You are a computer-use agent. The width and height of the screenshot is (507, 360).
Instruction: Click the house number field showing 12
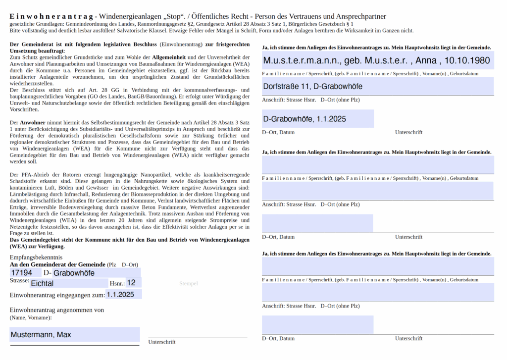point(133,283)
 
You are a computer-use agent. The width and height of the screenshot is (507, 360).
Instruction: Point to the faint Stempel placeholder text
point(188,283)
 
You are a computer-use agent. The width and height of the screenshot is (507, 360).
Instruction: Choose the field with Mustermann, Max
point(74,335)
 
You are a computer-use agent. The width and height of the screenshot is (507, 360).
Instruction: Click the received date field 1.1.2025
point(123,294)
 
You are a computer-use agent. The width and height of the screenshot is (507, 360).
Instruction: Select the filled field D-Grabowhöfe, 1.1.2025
point(317,119)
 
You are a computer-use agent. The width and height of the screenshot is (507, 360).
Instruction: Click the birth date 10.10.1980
point(467,60)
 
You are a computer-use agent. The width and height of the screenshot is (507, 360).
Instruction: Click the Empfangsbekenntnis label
point(36,257)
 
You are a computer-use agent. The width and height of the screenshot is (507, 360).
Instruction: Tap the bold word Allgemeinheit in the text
point(169,58)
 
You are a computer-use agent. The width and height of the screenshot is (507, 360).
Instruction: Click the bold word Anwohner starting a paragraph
point(33,122)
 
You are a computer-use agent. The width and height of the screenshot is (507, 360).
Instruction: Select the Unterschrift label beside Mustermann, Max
point(162,342)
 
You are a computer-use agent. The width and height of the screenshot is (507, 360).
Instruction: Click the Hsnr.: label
point(117,283)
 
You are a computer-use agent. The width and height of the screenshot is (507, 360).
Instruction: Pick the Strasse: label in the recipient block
point(19,281)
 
